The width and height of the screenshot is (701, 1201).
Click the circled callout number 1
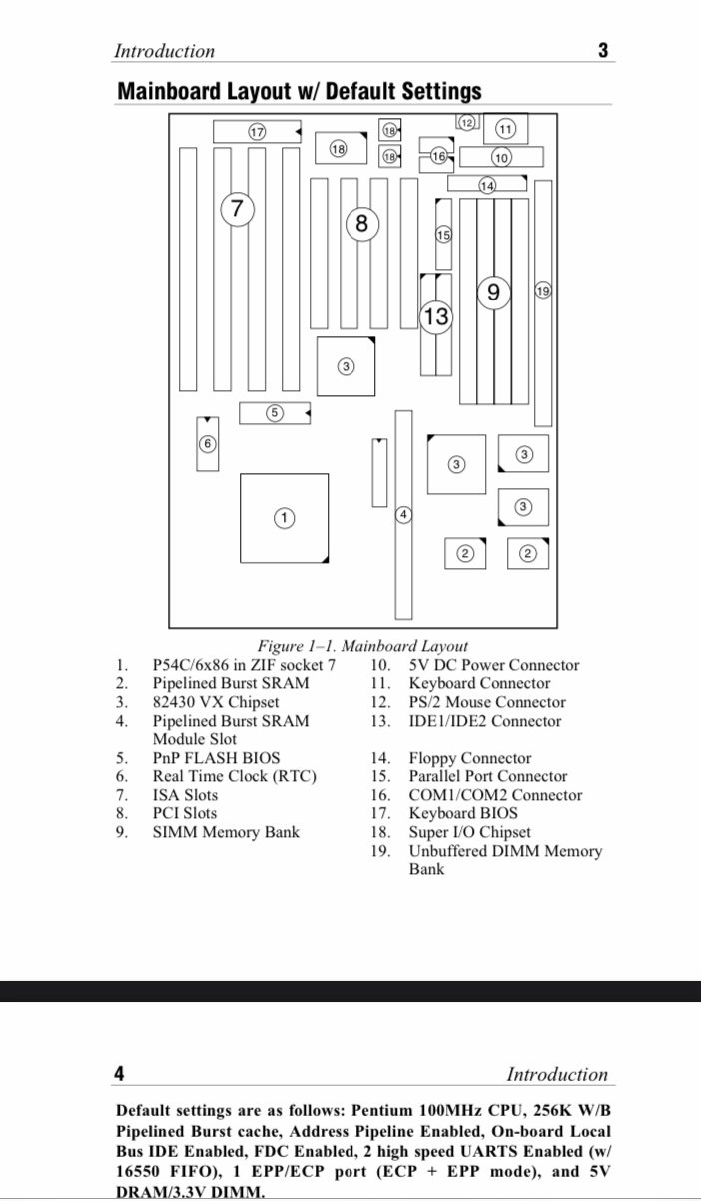point(285,517)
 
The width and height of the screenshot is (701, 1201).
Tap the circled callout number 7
point(237,209)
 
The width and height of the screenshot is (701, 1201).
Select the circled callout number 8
point(362,224)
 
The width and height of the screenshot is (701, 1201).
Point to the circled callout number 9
point(494,292)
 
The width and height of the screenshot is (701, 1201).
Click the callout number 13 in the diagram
point(436,317)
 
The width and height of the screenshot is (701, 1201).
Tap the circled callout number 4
point(403,515)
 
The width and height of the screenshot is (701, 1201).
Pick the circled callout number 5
point(275,412)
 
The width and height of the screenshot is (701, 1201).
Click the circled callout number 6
point(207,443)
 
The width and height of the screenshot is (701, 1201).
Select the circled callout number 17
point(257,131)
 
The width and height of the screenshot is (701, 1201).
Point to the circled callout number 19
point(543,291)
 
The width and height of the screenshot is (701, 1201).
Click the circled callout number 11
point(505,129)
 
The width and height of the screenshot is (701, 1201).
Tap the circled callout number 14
point(487,185)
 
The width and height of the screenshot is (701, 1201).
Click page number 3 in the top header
point(603,50)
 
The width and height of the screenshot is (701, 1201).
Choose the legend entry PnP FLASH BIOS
point(216,758)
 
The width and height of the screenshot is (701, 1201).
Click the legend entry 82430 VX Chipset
point(215,702)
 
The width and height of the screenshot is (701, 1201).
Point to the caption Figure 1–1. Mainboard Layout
point(362,646)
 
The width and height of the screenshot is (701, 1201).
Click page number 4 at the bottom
point(119,1074)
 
